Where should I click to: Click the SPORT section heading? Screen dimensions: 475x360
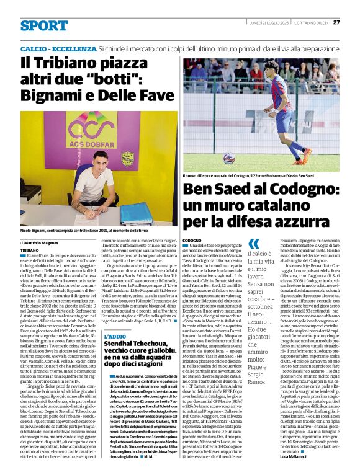(x=43, y=25)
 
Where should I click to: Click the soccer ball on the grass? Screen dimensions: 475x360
(x=229, y=159)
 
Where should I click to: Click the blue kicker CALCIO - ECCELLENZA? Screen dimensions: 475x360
(x=58, y=48)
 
